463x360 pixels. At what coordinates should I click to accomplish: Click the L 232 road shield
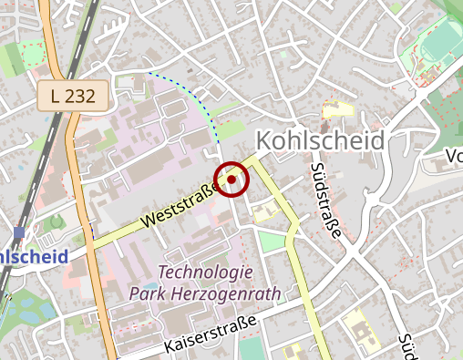point(74,95)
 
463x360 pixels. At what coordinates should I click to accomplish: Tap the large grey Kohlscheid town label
point(320,141)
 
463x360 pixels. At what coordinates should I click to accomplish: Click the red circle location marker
point(231,180)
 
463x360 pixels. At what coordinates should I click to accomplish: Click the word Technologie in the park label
point(205,273)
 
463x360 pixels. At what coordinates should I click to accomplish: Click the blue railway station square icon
point(19,232)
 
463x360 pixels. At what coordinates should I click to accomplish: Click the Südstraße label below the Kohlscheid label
point(324,201)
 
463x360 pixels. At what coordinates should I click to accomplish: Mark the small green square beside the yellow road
point(270,242)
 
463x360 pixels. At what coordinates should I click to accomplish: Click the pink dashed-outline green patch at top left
point(32,56)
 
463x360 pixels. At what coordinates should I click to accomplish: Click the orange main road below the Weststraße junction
point(101,301)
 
